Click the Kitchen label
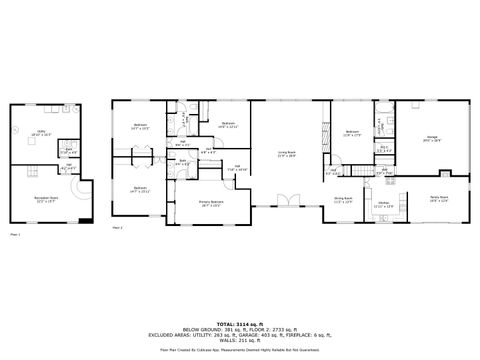[x=382, y=203]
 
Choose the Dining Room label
[x=344, y=198]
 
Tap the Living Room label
[x=286, y=152]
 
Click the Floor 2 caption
[x=117, y=228]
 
